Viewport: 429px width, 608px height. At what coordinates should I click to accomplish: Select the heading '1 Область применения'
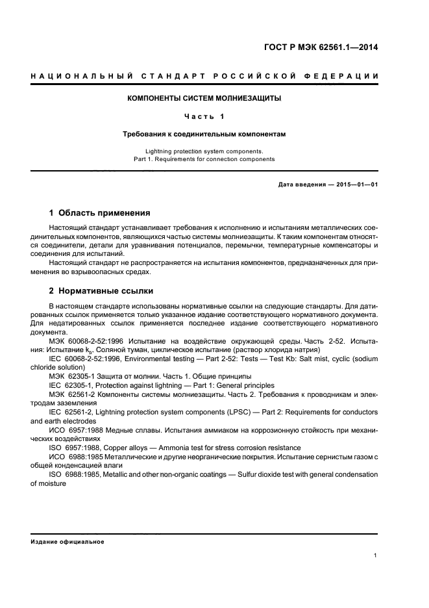point(101,212)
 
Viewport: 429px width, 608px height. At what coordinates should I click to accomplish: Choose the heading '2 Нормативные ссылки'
point(101,291)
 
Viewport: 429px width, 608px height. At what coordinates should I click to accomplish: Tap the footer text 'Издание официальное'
point(67,541)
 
